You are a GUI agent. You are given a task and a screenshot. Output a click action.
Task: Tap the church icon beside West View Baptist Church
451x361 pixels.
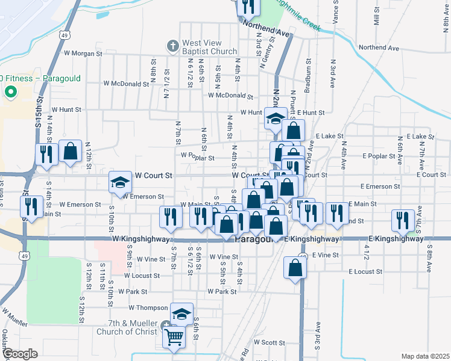(x=172, y=46)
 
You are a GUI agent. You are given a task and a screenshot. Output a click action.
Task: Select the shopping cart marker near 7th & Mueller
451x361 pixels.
(x=174, y=337)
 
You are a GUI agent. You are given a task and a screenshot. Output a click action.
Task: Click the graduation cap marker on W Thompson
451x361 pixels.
(x=182, y=313)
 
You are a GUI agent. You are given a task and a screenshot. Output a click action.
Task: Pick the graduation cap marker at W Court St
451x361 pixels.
(x=120, y=182)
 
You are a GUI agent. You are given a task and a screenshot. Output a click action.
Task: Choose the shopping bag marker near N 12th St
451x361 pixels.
(x=71, y=152)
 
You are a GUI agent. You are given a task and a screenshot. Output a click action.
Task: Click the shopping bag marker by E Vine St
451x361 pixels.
(x=295, y=268)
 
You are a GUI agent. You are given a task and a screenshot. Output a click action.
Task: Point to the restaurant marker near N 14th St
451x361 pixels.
(x=46, y=153)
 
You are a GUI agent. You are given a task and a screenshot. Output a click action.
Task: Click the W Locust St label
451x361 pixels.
(x=142, y=276)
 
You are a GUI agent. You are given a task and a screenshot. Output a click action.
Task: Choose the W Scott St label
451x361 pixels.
(x=269, y=342)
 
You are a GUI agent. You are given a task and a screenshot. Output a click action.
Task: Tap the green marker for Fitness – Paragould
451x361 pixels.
(x=10, y=91)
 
